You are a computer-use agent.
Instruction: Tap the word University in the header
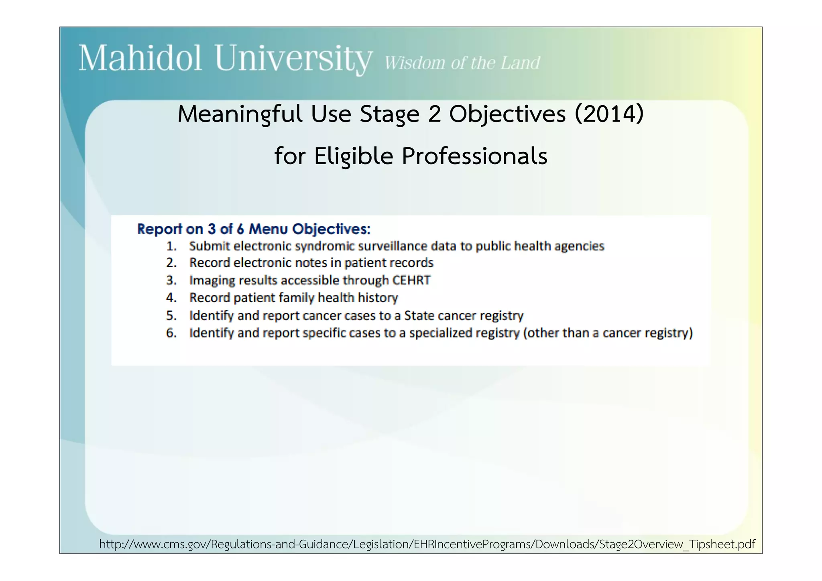(x=293, y=59)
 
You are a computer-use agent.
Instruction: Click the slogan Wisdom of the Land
(x=462, y=63)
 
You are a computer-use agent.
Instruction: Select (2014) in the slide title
(x=609, y=114)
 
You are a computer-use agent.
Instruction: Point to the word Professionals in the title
(x=474, y=156)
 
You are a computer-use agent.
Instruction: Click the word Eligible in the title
(x=354, y=156)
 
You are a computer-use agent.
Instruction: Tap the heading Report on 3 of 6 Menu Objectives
(x=254, y=229)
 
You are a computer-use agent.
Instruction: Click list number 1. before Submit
(x=171, y=246)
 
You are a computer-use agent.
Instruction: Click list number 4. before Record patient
(x=171, y=298)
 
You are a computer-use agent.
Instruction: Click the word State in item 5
(x=419, y=315)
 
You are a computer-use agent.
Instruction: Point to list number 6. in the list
(x=171, y=333)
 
